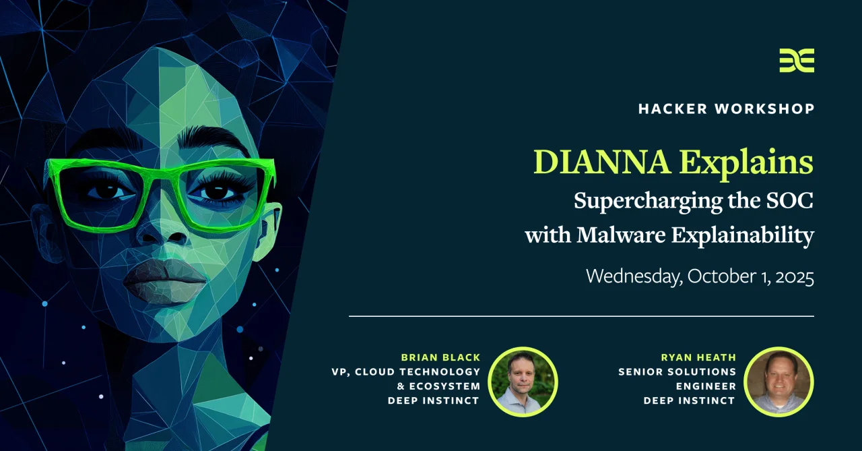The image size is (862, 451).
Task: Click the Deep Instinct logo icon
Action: tap(797, 61)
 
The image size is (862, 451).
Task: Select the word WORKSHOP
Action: tap(764, 109)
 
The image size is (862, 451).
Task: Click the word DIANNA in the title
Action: tap(602, 162)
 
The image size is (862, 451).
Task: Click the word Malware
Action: tap(621, 235)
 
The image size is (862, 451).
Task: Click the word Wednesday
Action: tap(634, 277)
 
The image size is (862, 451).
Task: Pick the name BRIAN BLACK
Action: tap(440, 357)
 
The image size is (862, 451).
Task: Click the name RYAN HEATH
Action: tap(698, 357)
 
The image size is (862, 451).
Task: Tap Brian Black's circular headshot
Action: tap(523, 382)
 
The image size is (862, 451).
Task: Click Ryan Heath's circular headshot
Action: tap(779, 382)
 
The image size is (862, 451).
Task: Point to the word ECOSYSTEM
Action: tap(445, 386)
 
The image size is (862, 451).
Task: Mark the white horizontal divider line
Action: tap(581, 316)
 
